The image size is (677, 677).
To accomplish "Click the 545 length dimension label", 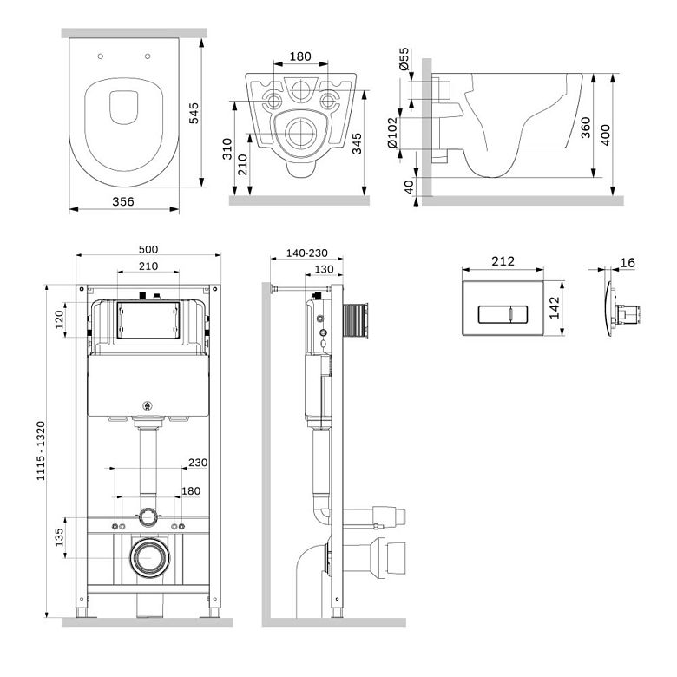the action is click(x=194, y=113).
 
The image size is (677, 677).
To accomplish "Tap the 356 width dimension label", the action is click(x=123, y=201).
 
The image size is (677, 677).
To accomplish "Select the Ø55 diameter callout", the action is click(x=404, y=59).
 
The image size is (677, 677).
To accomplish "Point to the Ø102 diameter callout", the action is click(x=392, y=133).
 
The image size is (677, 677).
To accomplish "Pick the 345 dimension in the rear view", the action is click(x=357, y=144).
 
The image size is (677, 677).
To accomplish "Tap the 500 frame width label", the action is click(x=148, y=250).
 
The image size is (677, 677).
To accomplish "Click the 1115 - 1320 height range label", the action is click(x=41, y=450).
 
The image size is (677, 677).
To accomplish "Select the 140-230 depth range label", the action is click(x=307, y=253).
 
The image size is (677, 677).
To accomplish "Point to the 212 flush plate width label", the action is click(x=503, y=261).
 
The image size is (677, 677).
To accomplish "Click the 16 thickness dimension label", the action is click(x=628, y=262).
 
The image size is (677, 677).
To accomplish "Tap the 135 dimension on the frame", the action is click(x=59, y=537).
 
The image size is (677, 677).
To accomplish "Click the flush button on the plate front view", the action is click(x=503, y=314).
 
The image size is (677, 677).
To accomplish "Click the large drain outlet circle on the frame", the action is click(x=150, y=558).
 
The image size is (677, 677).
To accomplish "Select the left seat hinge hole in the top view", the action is click(x=100, y=56).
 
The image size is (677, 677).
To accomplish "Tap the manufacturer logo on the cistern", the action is click(x=148, y=406).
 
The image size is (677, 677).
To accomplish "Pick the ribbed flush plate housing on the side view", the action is click(x=355, y=320).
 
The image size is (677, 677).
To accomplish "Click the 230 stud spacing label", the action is click(x=198, y=463).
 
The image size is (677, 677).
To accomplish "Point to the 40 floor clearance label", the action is click(x=409, y=187).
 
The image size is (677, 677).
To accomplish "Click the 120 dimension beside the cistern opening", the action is click(x=59, y=319).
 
